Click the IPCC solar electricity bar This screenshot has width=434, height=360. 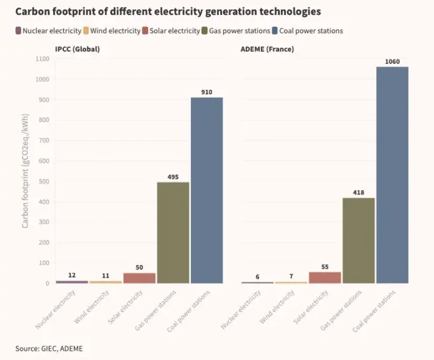tap(139, 278)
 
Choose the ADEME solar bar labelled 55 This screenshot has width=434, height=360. tap(325, 277)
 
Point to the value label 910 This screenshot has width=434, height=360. tap(206, 92)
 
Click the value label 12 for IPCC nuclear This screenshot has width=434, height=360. tap(72, 275)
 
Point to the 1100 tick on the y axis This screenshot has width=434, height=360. tap(42, 59)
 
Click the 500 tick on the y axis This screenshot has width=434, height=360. tap(43, 181)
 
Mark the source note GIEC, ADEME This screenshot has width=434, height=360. tap(48, 349)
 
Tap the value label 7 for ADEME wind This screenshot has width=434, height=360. tap(291, 276)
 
